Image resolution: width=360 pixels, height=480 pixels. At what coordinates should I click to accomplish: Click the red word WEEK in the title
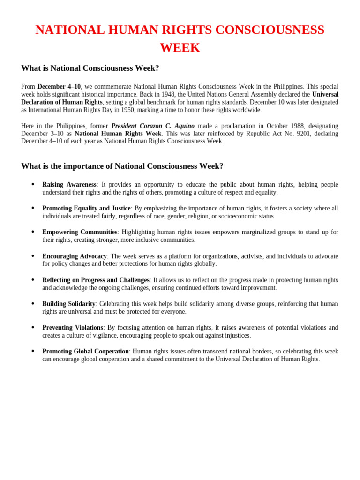[180, 48]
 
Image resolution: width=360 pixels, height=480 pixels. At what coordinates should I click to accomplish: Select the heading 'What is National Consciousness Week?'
[90, 68]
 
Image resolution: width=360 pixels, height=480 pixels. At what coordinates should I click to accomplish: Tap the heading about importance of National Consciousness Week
[122, 166]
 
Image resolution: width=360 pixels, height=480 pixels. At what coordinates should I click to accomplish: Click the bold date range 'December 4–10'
[59, 87]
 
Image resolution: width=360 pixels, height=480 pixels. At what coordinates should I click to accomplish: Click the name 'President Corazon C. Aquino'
[153, 126]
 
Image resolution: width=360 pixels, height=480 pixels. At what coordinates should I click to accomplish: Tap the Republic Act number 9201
[327, 134]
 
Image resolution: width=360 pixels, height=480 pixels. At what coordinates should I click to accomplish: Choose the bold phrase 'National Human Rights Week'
[118, 134]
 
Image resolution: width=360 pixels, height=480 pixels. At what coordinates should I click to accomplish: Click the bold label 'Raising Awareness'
[69, 185]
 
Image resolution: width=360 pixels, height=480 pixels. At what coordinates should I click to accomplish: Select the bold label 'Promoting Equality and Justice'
[86, 209]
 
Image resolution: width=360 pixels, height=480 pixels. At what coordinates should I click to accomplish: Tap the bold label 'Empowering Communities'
[80, 232]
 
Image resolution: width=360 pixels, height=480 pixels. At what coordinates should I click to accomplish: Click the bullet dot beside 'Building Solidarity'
[32, 303]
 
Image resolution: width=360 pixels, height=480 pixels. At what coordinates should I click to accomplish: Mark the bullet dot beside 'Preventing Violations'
[32, 327]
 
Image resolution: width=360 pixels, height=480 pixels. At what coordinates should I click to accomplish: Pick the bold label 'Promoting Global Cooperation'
[85, 352]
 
